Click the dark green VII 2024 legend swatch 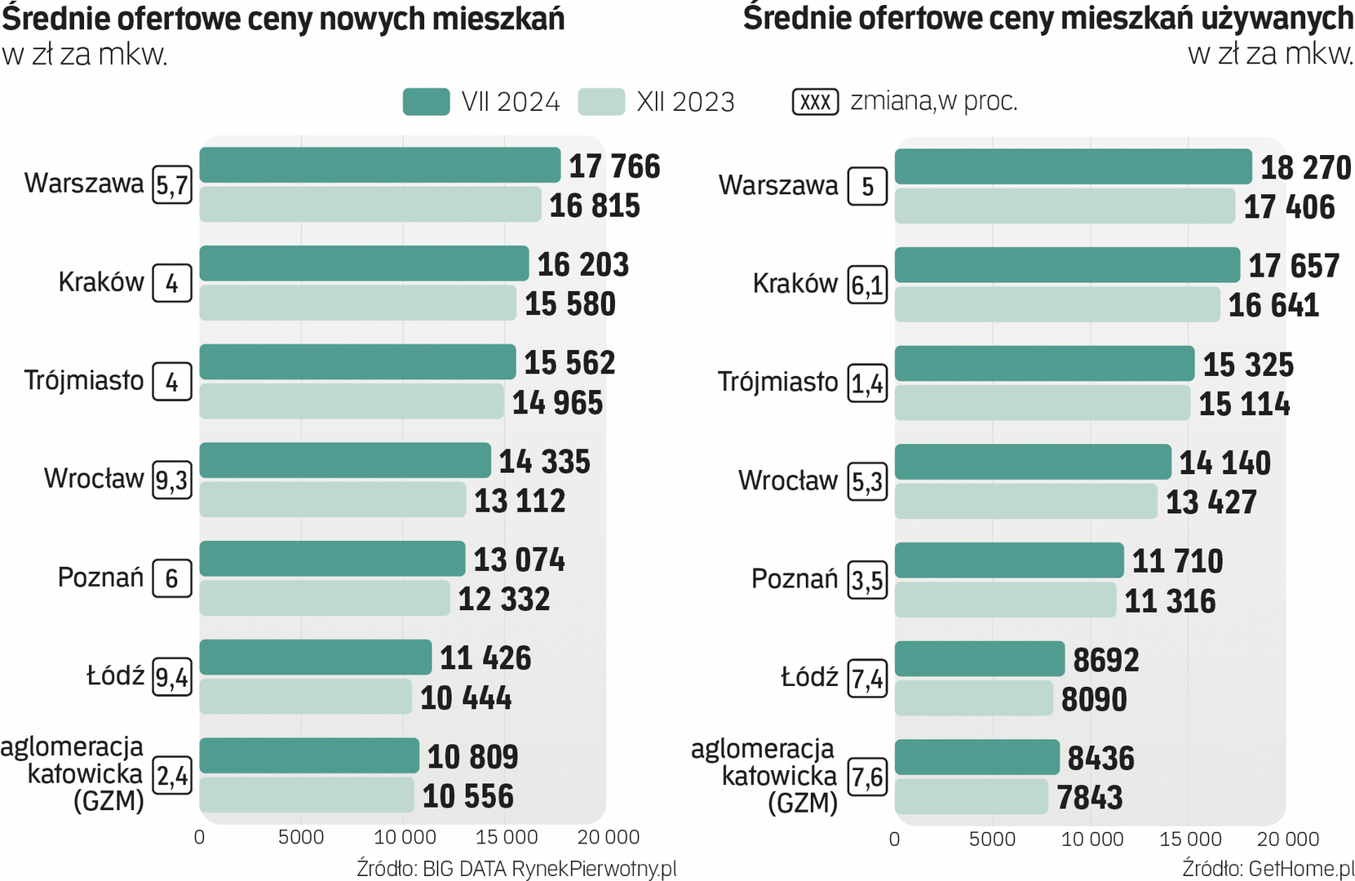point(426,102)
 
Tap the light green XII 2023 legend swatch point(601,102)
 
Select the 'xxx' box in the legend point(815,102)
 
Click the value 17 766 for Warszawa point(614,166)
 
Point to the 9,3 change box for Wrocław point(172,480)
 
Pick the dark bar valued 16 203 point(364,263)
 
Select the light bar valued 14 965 point(352,401)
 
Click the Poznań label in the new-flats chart point(100,578)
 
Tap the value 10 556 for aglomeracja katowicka point(468,796)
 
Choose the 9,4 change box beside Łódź point(172,677)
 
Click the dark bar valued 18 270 point(1073,166)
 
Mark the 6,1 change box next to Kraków point(867,286)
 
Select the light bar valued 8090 point(973,698)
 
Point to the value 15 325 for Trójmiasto point(1248,365)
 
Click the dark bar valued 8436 point(976,757)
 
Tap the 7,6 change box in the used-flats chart point(867,777)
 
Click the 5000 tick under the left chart point(301,838)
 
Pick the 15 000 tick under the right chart point(1190,839)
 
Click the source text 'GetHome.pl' point(1301,868)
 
